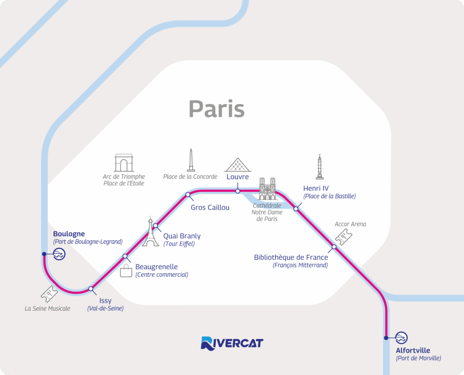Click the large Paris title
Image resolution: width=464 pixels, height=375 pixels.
[217, 109]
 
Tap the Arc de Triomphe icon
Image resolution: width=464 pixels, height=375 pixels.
[124, 163]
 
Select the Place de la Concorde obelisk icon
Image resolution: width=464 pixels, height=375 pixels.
[191, 161]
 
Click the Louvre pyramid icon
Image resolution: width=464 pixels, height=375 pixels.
[237, 165]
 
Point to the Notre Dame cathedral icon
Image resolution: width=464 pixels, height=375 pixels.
[267, 189]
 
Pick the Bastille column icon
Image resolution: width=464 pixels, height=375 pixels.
[320, 167]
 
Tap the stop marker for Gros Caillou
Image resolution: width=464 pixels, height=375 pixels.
[188, 195]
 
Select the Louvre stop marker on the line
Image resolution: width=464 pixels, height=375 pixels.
[237, 191]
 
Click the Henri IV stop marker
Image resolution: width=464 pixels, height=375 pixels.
[296, 209]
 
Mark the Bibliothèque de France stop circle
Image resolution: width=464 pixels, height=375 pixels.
[334, 247]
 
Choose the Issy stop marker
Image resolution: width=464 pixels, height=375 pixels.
[91, 289]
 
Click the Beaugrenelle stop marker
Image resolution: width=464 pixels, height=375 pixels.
[125, 256]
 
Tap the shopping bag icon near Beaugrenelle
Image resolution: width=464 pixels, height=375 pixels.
[126, 271]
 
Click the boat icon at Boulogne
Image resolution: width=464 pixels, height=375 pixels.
[59, 254]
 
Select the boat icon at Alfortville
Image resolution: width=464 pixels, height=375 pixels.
[401, 338]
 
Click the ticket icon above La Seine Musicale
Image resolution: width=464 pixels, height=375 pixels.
[49, 294]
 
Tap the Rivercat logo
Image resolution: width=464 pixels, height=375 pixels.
[232, 343]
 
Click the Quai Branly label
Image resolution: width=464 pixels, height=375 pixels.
[182, 236]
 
